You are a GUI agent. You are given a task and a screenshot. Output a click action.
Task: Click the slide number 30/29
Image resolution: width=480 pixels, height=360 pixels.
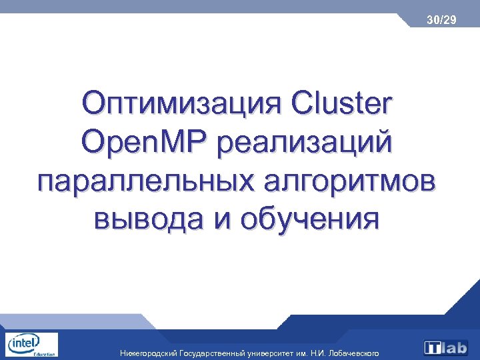click(442, 21)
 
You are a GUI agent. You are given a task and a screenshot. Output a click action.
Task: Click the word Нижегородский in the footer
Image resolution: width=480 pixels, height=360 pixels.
click(148, 352)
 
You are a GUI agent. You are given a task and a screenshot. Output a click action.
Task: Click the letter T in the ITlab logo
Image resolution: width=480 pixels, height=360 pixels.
click(434, 348)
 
